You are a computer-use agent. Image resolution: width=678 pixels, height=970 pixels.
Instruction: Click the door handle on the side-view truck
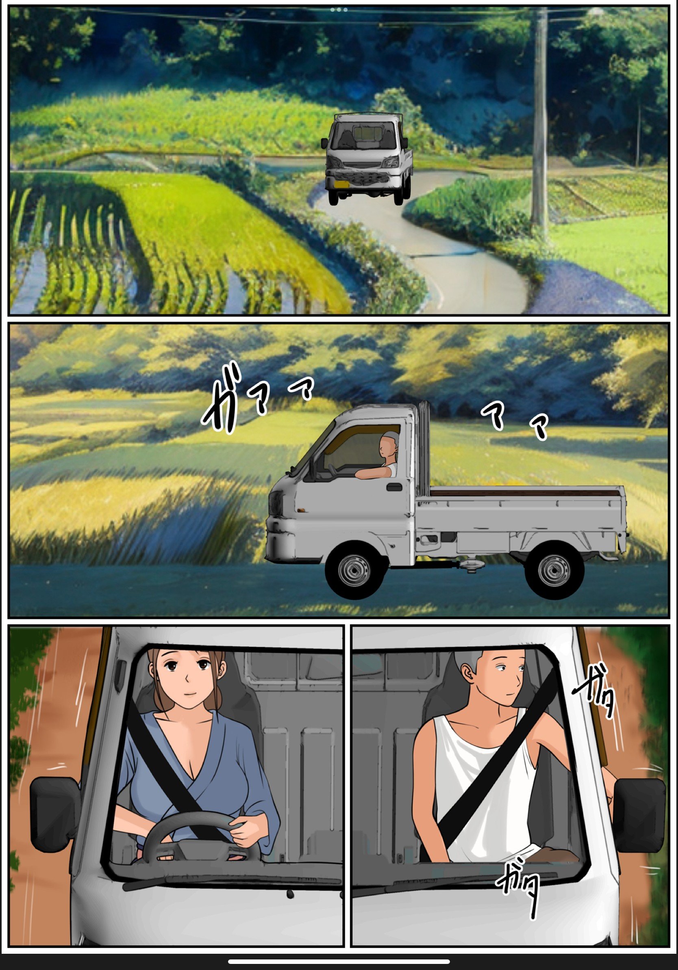click(394, 487)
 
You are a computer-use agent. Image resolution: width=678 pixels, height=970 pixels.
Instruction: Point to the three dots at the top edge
click(339, 10)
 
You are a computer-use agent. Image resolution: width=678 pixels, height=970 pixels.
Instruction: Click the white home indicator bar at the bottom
click(339, 961)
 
